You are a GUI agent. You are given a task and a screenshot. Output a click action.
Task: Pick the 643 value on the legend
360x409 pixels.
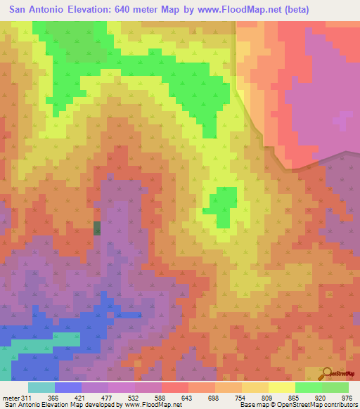pyautogui.click(x=188, y=397)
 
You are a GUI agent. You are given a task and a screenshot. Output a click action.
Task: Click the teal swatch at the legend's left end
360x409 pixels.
pyautogui.click(x=41, y=387)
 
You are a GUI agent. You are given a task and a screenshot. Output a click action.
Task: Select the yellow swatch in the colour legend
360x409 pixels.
pyautogui.click(x=281, y=387)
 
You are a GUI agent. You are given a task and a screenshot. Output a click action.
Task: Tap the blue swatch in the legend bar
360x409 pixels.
pyautogui.click(x=67, y=387)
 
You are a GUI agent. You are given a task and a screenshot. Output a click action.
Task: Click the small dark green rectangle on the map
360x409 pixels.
pyautogui.click(x=97, y=228)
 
